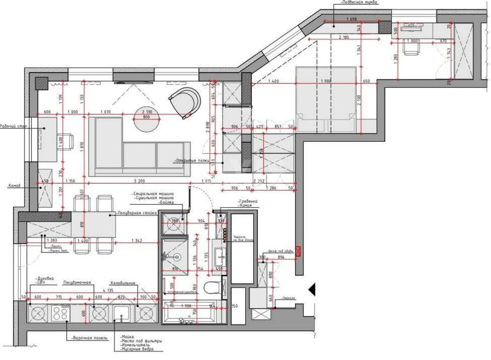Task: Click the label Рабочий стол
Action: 14,127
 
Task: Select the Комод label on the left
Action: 14,186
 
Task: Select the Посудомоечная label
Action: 77,283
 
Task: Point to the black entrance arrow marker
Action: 313,290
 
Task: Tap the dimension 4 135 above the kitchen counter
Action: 108,290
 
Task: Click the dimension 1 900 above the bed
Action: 326,82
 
